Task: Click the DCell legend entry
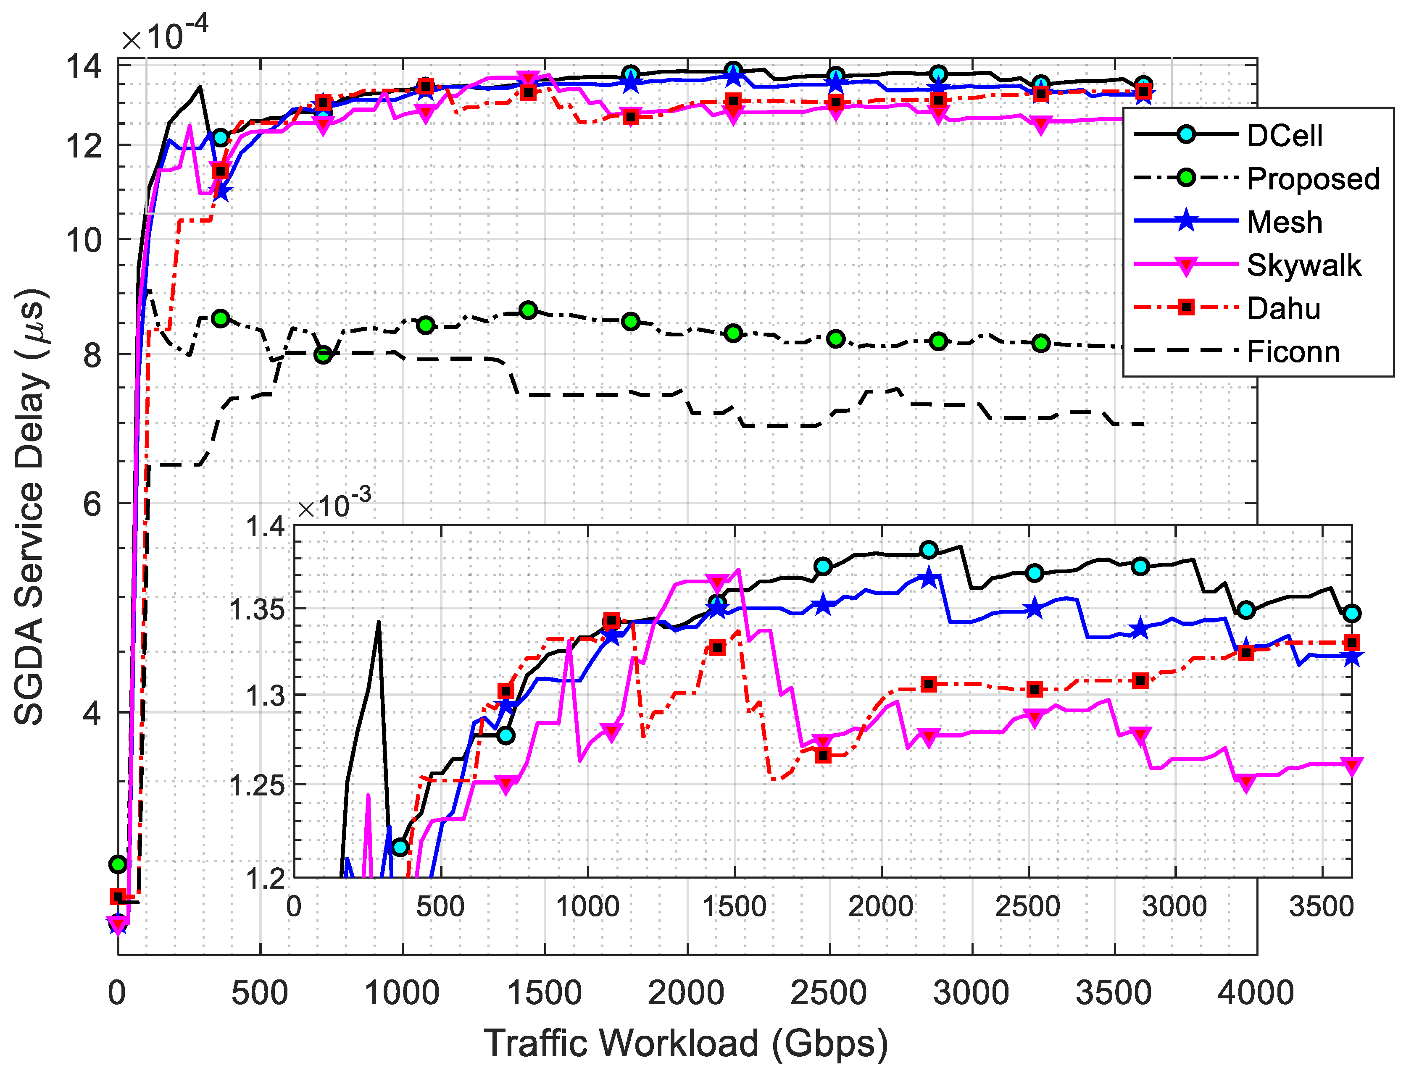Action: (1284, 136)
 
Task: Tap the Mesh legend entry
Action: (1284, 222)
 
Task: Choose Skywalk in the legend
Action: (1303, 265)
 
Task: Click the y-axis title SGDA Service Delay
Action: (30, 506)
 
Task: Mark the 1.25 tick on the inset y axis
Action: (257, 785)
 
